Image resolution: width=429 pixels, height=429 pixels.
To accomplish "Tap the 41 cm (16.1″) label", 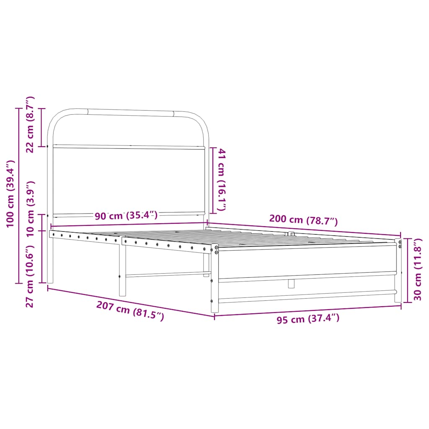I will tap(222, 181).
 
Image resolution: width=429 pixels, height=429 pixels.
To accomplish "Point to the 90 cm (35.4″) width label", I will tap(126, 216).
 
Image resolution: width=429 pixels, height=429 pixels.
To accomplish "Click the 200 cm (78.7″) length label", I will tap(303, 220).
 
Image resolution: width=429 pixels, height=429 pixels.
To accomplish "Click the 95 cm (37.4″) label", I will tap(308, 320).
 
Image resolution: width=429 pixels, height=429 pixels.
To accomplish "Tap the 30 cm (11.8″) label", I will tap(417, 270).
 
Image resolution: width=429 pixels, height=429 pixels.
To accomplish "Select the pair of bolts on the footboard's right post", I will tap(400, 244).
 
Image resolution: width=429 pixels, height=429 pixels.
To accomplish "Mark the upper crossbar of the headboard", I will tap(128, 147).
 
